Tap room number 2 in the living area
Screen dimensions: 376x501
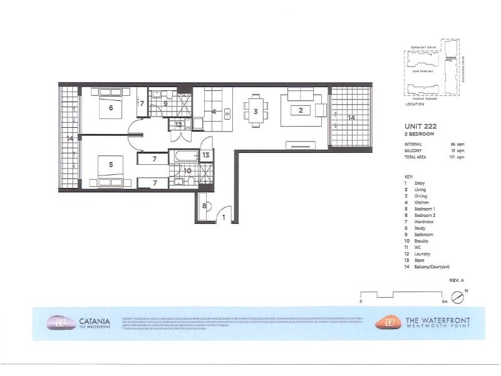click(301, 111)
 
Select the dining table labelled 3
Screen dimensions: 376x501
click(256, 112)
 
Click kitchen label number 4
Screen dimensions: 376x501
click(214, 113)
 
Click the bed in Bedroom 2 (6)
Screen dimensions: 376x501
click(111, 107)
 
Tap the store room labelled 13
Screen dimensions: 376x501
click(206, 155)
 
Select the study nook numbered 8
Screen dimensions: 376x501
click(204, 206)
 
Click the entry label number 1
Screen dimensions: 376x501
click(224, 217)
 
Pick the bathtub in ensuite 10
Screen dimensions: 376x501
click(186, 155)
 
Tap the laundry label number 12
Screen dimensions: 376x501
click(178, 124)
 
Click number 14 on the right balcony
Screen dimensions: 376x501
click(351, 117)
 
